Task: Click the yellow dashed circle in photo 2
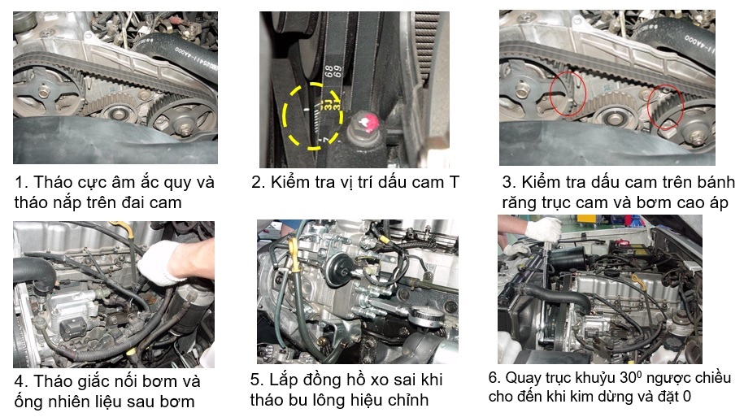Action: [x=283, y=115]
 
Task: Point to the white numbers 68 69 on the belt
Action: [x=333, y=72]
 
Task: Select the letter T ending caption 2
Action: [x=454, y=182]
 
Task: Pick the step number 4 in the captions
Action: [x=19, y=382]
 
